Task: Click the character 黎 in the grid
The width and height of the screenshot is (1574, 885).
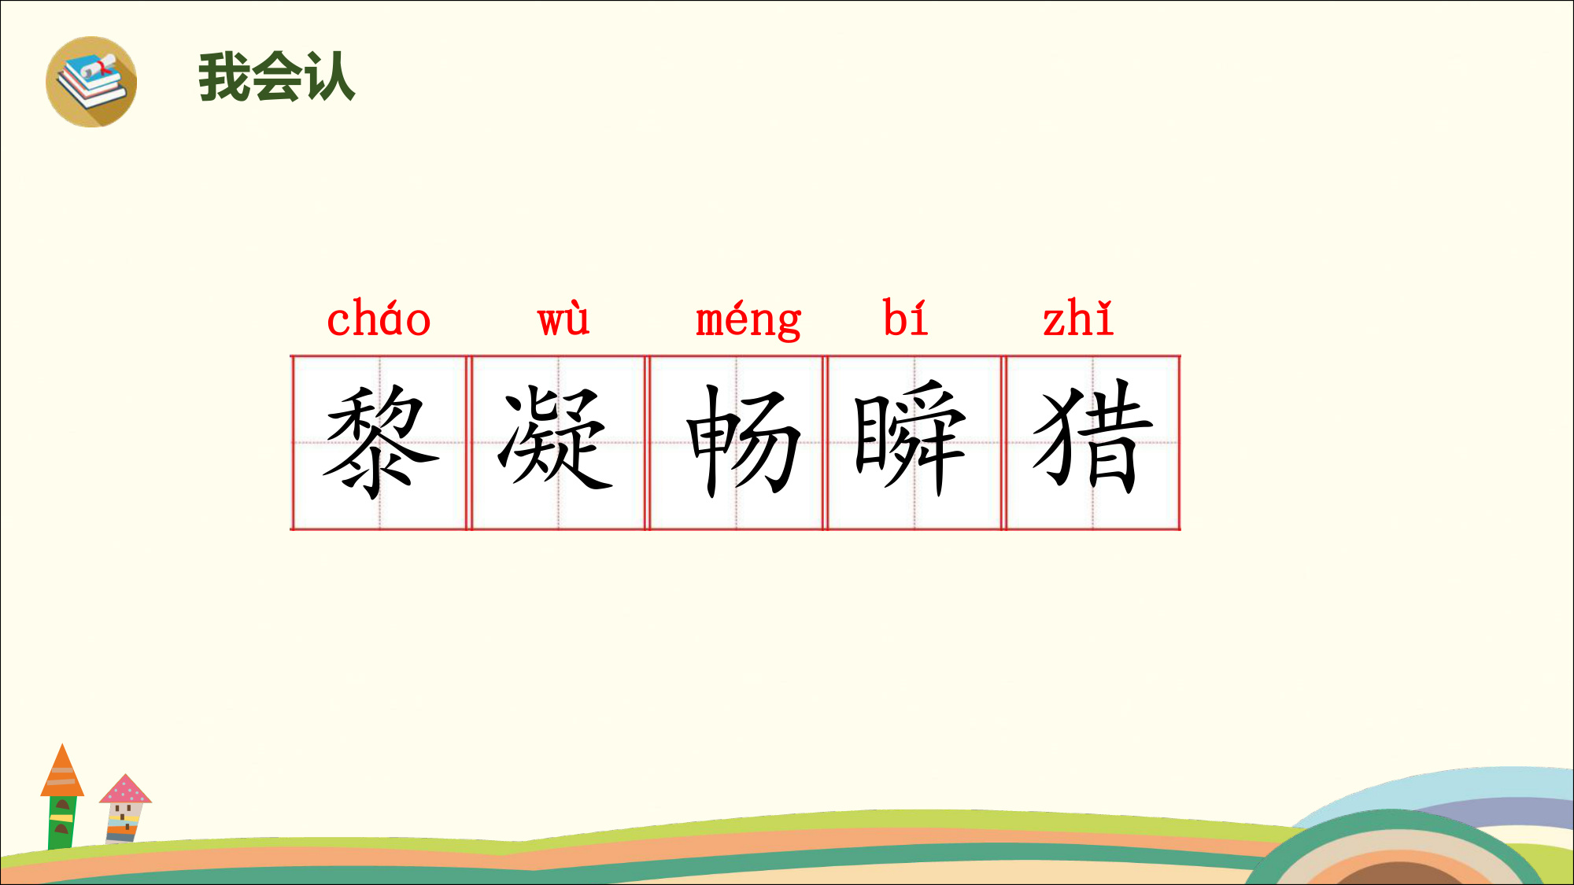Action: pos(380,441)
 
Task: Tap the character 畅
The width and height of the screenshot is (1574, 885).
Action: pos(743,441)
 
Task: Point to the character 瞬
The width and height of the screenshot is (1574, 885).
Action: pos(910,437)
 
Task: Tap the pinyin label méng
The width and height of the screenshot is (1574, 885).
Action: pos(748,320)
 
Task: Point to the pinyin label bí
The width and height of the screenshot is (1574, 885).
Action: pos(905,317)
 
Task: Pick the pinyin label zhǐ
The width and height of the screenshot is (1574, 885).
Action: pos(1078,318)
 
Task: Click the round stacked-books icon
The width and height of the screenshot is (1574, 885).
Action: pos(91,82)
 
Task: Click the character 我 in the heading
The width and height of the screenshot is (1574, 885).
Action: pos(224,77)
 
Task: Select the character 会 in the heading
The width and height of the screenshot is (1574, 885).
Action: pos(277,77)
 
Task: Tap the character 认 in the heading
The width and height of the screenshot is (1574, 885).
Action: pos(330,77)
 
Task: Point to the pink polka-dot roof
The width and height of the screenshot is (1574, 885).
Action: pos(125,789)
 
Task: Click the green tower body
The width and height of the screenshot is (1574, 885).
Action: pos(62,822)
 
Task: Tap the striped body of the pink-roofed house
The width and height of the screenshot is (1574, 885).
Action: pos(124,823)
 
